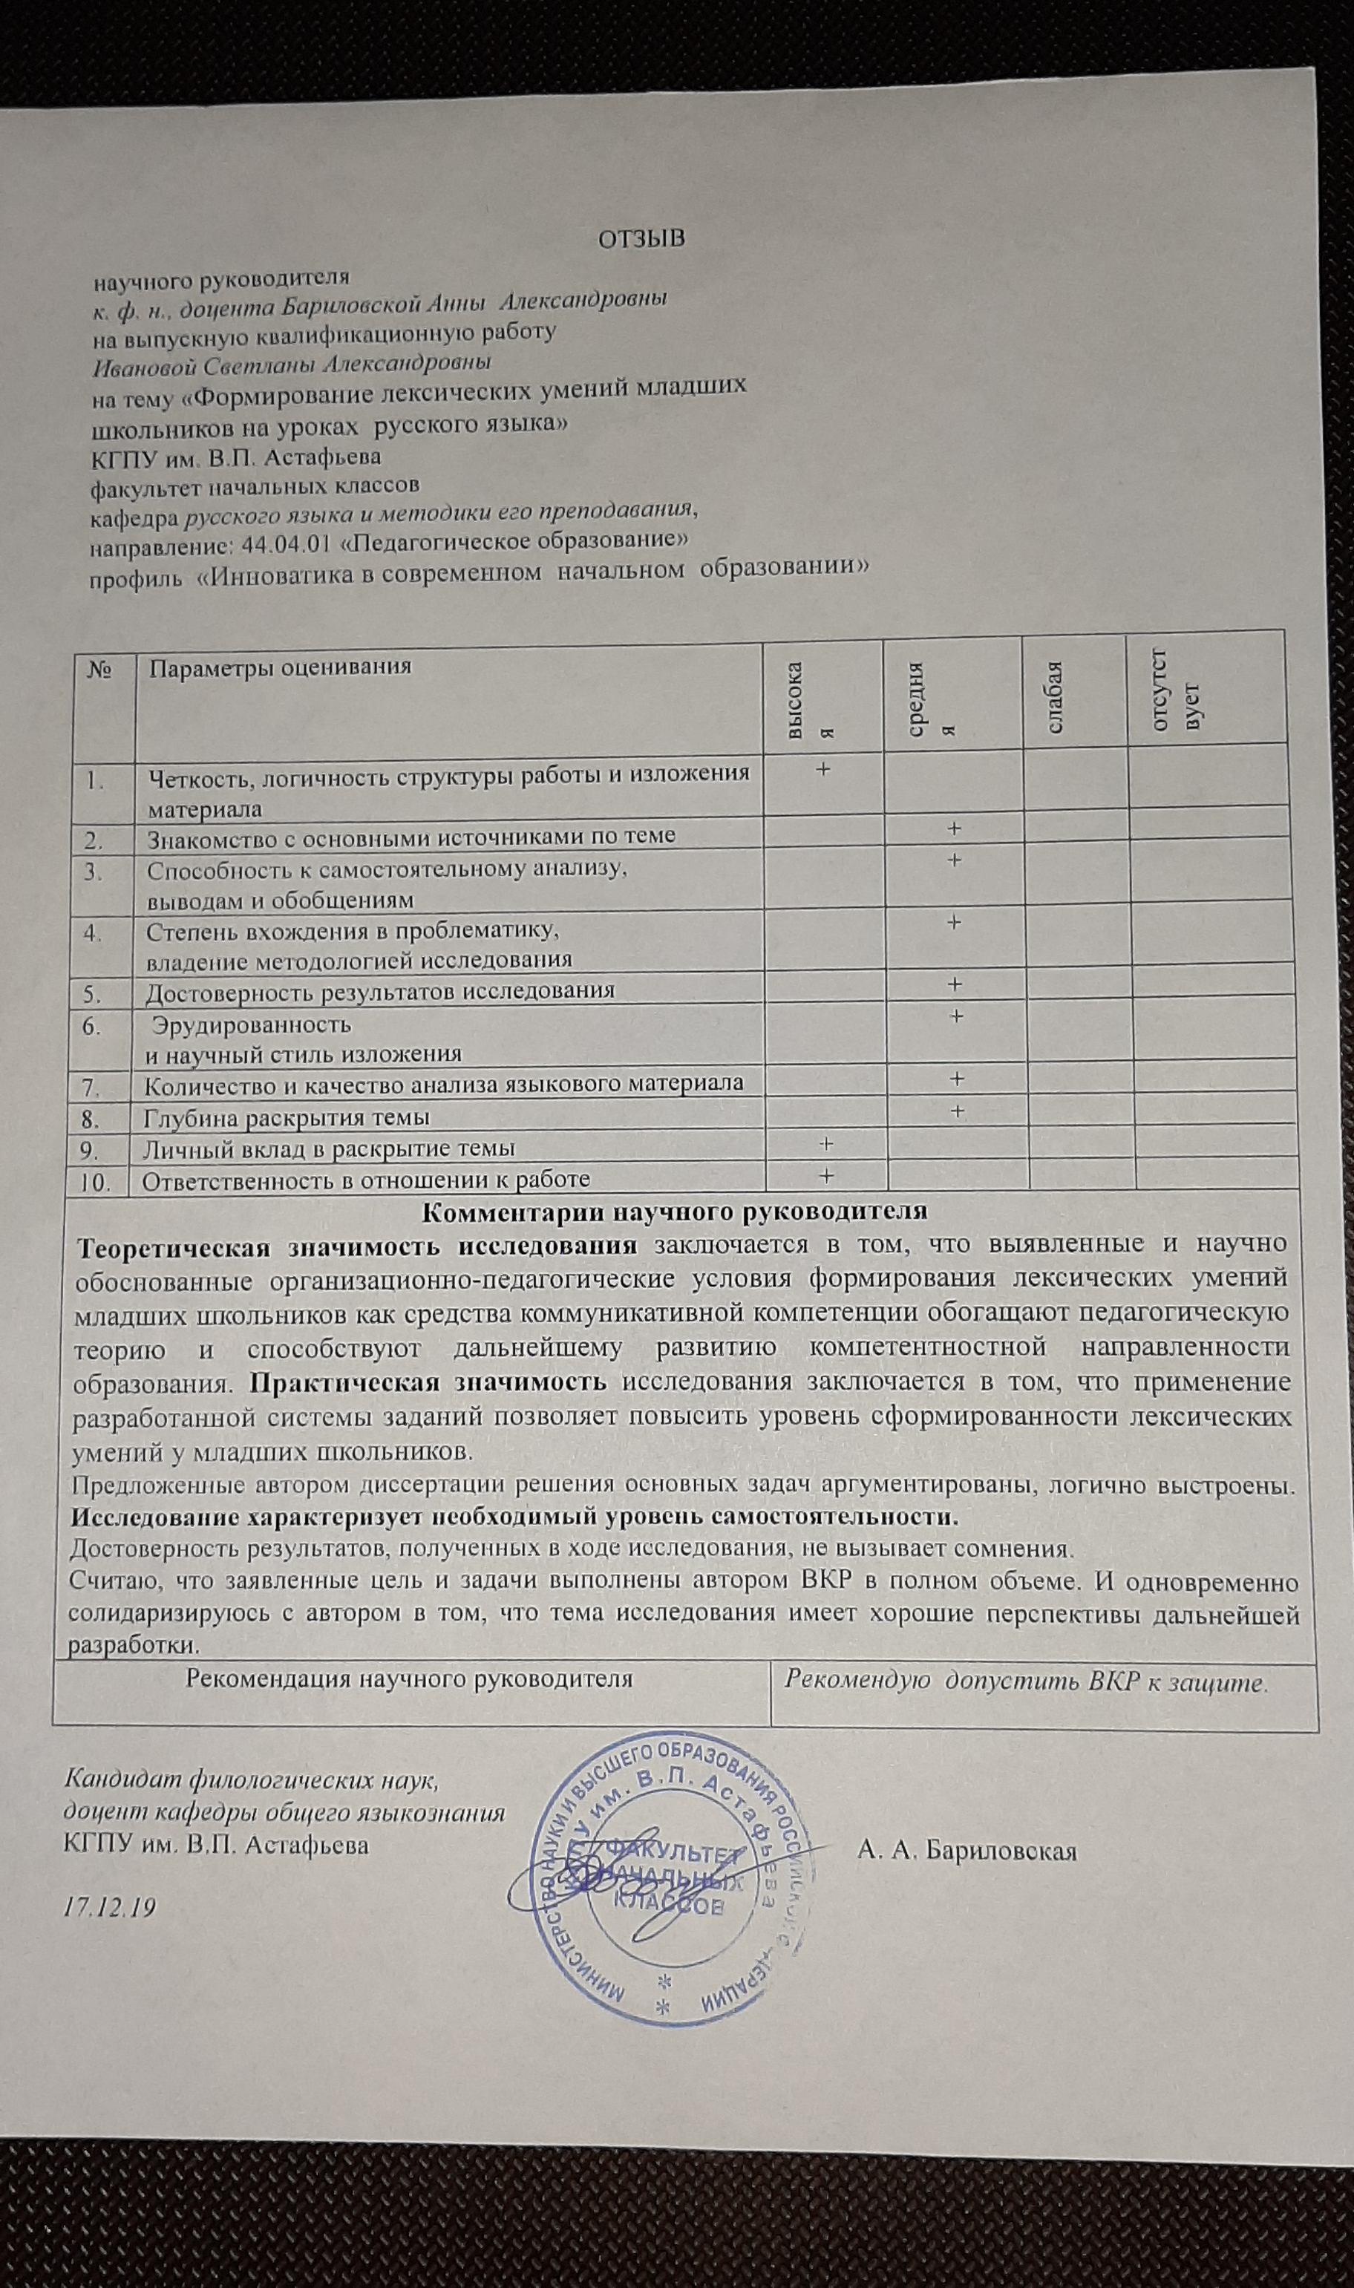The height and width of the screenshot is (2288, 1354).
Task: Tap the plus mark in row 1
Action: point(823,769)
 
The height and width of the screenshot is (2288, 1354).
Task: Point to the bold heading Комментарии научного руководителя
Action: point(676,1212)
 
